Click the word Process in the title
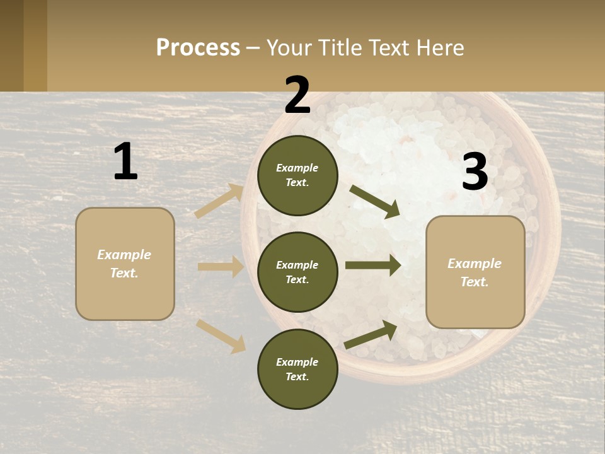(198, 48)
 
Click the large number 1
(125, 162)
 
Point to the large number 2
(297, 95)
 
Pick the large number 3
(475, 172)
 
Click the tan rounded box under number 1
(125, 264)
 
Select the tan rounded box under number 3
(475, 272)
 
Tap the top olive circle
(297, 175)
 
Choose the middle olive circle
(297, 272)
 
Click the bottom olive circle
(297, 370)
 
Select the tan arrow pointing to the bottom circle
(221, 335)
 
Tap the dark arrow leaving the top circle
(375, 201)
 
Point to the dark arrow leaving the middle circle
(373, 266)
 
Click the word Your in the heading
(288, 48)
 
